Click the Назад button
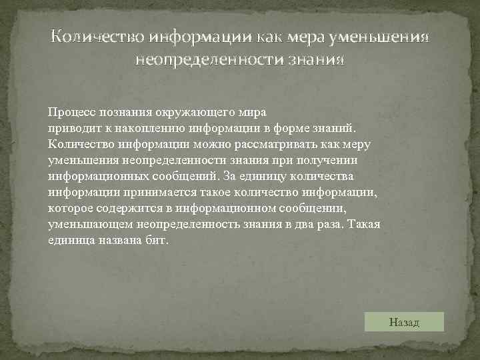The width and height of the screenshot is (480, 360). click(405, 323)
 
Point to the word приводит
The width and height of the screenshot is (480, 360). click(71, 127)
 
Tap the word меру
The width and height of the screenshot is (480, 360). click(356, 143)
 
